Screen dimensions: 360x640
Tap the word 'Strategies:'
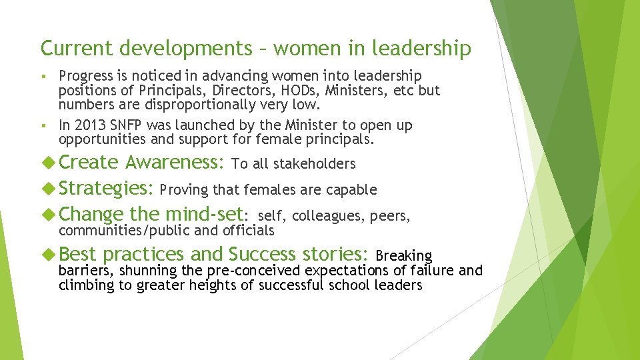tap(107, 189)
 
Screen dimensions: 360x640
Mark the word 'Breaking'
tap(404, 255)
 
